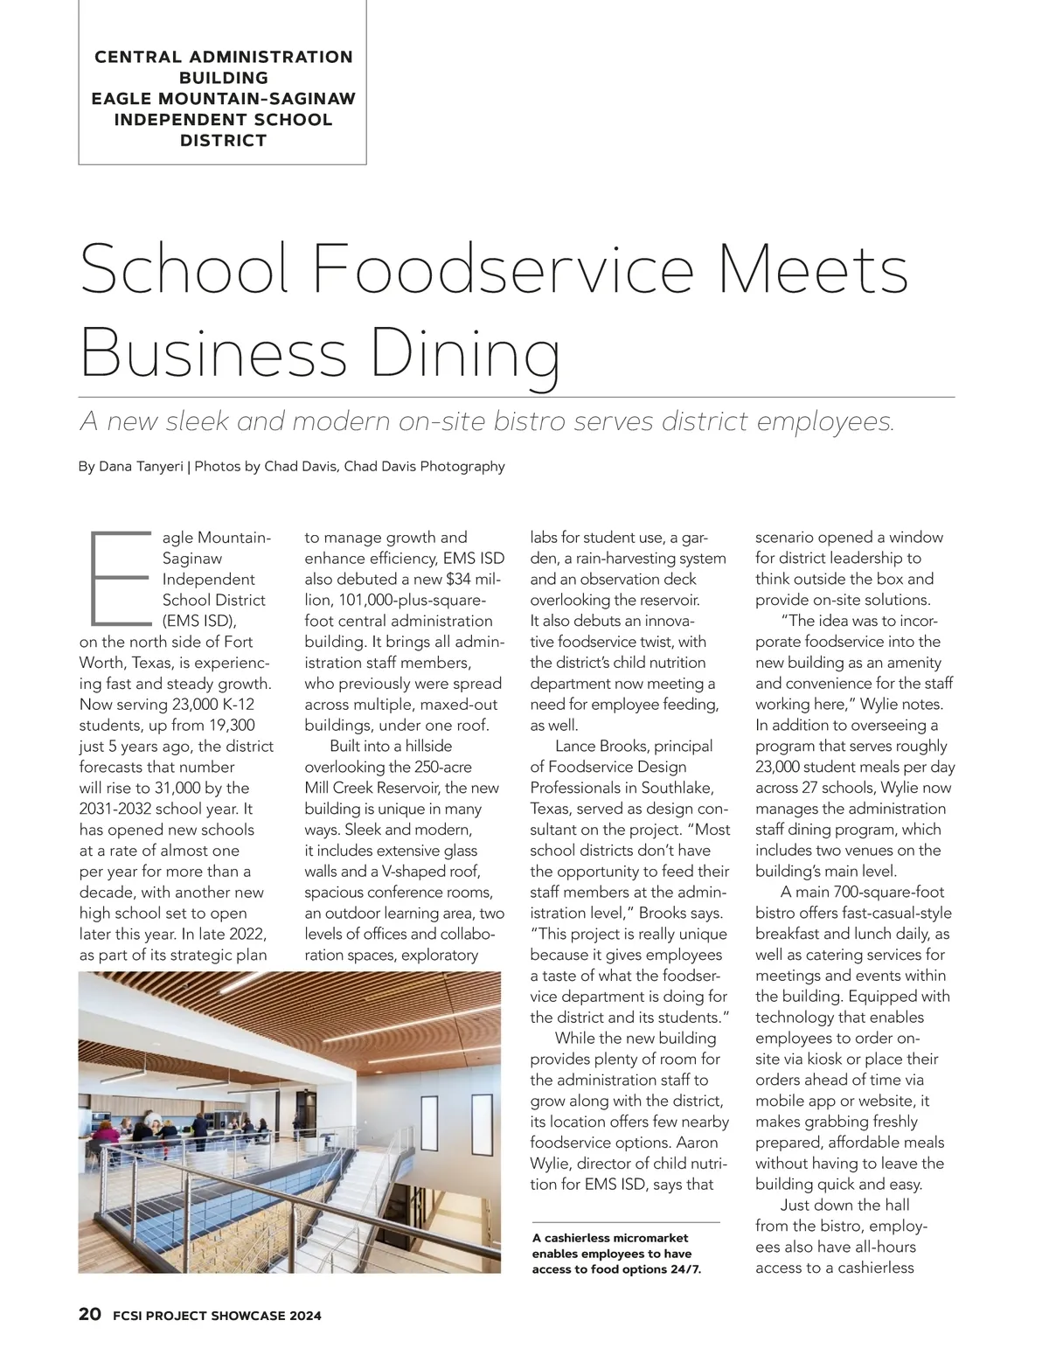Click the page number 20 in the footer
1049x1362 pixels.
coord(90,1314)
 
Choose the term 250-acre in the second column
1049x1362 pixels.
coord(442,767)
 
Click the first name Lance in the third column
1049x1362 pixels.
coord(574,746)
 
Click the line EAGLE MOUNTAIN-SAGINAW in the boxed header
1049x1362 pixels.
coord(224,98)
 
